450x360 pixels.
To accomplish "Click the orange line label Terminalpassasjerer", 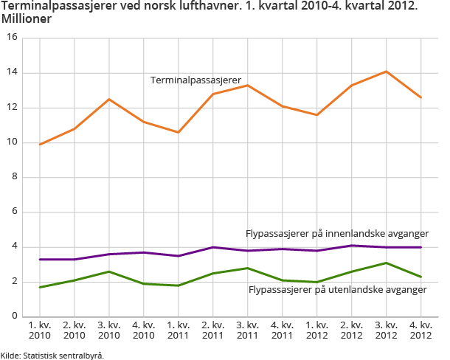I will click(196, 80).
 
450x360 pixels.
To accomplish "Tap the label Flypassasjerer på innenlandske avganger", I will click(337, 234).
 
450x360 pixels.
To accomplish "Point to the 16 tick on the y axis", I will click(12, 38).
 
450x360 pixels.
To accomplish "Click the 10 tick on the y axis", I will click(12, 143).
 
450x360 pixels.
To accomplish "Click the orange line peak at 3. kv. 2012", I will click(385, 72).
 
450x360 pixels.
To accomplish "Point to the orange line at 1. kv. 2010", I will click(40, 145).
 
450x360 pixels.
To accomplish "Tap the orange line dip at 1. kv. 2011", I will click(178, 132).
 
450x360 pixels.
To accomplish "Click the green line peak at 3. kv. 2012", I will click(385, 263).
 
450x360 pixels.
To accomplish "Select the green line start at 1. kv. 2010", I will click(40, 287).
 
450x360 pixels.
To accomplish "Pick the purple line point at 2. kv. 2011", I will click(212, 247).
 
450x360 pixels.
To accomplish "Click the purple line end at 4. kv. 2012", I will click(420, 247).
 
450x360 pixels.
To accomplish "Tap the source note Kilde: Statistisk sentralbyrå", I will click(52, 355).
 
